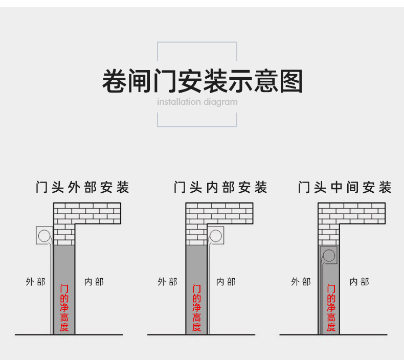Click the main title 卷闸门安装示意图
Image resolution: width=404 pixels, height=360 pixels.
(x=202, y=82)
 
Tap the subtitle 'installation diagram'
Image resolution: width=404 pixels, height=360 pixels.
(x=197, y=102)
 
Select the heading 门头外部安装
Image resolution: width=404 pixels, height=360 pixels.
(x=83, y=187)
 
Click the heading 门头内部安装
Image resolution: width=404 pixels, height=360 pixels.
(x=221, y=187)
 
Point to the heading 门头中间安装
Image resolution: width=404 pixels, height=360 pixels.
(x=345, y=187)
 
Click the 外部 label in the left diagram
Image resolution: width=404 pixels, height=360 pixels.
(x=35, y=282)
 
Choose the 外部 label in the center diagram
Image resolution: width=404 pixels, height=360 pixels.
(x=167, y=282)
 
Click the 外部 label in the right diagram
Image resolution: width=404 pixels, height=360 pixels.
(x=301, y=282)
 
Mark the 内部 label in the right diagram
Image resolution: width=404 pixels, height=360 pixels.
(x=359, y=282)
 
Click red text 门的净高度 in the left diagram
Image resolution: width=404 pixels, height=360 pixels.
(x=64, y=308)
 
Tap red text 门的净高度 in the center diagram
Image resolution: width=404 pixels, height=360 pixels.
(x=196, y=308)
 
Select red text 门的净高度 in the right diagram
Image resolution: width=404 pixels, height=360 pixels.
(x=331, y=308)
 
